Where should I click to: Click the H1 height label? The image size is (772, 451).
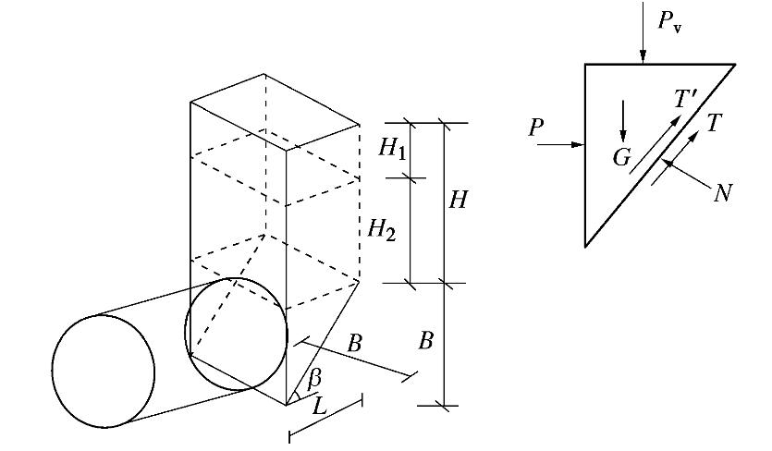point(392,148)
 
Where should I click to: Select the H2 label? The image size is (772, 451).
point(382,227)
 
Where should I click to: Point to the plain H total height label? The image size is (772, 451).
point(459,199)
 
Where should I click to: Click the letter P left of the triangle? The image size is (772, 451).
point(536,128)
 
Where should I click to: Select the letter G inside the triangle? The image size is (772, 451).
point(622,158)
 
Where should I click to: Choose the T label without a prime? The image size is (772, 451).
point(713,122)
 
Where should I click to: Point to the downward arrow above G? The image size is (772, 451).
point(623,118)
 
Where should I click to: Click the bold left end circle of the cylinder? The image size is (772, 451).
point(104,371)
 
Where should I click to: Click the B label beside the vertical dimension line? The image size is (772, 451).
point(425,341)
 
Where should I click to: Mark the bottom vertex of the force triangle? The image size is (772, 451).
point(585,245)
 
